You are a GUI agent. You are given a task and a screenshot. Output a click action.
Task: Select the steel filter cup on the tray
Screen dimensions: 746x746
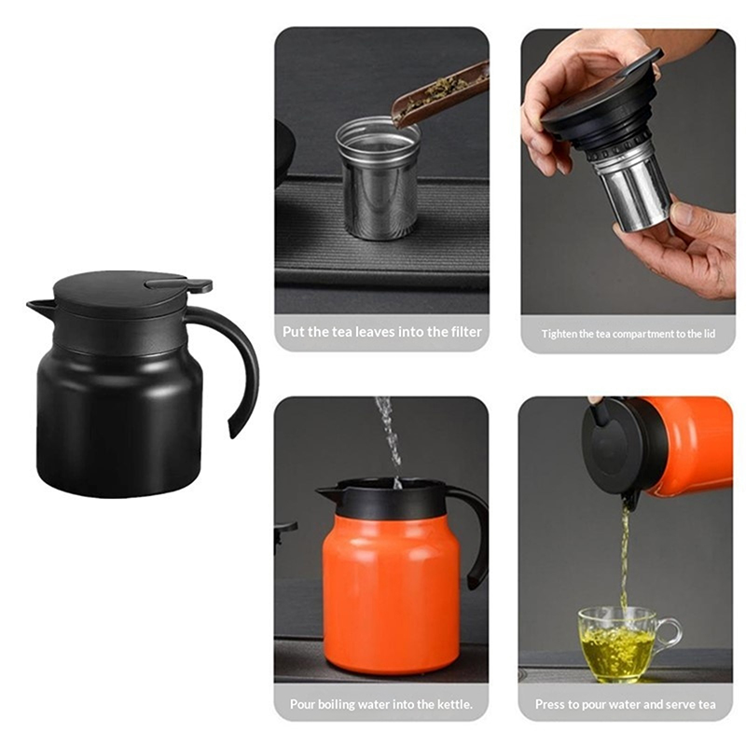click(x=379, y=178)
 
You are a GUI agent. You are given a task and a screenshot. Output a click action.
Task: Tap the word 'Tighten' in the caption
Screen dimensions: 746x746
click(x=559, y=334)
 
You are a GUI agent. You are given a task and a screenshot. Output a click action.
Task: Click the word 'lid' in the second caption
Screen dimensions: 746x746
click(x=709, y=334)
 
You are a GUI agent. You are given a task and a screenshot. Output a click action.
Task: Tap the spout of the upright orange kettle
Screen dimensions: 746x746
click(x=328, y=493)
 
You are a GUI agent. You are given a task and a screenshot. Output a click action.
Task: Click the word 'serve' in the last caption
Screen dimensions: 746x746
click(x=670, y=705)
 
